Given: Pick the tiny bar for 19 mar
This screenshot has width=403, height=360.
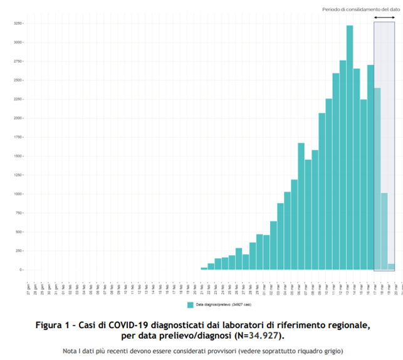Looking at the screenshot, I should tap(391, 267).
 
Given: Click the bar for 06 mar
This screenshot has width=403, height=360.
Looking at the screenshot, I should tap(301, 206).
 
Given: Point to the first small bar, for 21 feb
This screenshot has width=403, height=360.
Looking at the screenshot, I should tap(204, 268).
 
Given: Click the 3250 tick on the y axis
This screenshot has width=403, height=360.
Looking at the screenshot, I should tap(18, 23).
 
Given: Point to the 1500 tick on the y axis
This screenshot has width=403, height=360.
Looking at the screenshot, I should tap(18, 156).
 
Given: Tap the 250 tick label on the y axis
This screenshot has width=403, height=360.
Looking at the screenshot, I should tap(19, 251).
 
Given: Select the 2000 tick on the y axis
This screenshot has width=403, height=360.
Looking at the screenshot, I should tap(18, 118).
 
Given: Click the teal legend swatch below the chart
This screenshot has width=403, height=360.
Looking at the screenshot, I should tap(190, 305).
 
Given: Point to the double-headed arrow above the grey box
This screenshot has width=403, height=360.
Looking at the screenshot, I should tap(384, 17).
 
